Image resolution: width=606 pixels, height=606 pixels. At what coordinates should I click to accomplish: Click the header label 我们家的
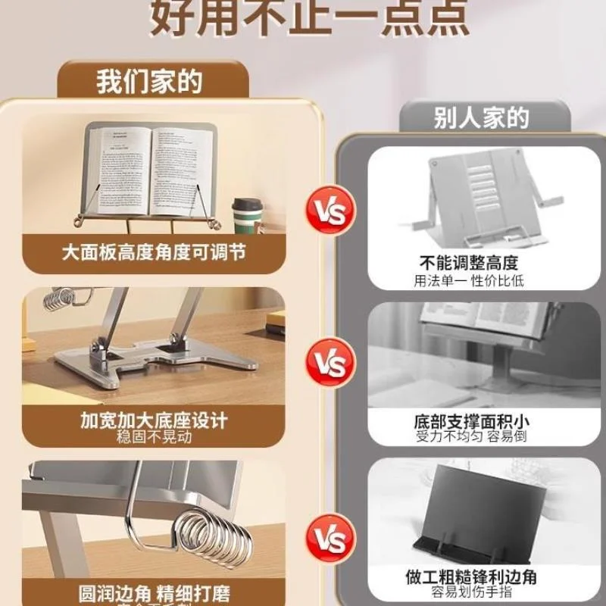(x=150, y=81)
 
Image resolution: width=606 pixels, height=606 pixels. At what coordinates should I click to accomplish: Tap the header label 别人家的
(x=481, y=118)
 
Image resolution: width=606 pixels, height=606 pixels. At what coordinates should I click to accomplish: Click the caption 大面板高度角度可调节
(x=154, y=252)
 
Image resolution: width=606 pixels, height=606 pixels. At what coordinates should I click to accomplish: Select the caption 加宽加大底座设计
(x=154, y=420)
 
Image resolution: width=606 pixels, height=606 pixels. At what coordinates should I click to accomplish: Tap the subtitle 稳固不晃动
(x=154, y=437)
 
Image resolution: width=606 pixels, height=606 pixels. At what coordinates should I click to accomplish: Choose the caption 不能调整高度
(x=469, y=263)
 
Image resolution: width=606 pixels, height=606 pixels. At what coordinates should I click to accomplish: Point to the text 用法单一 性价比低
(x=469, y=280)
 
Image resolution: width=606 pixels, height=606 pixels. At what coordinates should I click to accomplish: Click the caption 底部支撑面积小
(x=470, y=420)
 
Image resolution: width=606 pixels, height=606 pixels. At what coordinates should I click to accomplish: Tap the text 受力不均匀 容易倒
(x=470, y=436)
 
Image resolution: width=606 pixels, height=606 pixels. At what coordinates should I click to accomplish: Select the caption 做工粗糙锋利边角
(x=470, y=576)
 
